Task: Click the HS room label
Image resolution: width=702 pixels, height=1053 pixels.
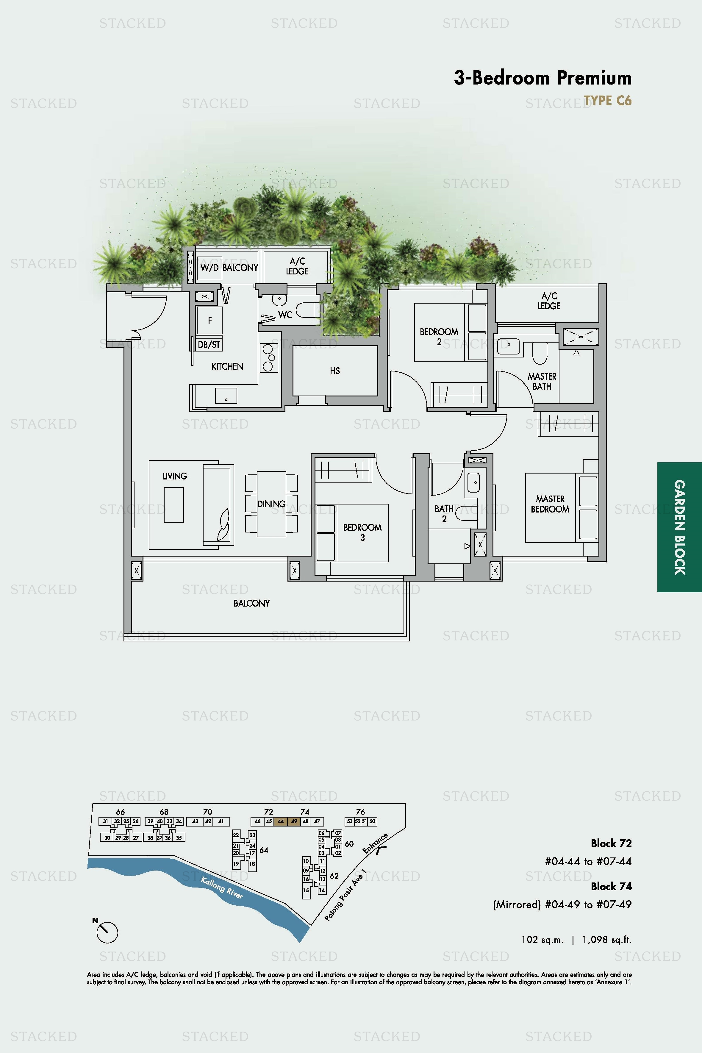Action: tap(335, 371)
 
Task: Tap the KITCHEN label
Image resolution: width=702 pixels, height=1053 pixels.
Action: tap(227, 366)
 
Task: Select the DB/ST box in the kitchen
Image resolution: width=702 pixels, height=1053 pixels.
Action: tap(209, 344)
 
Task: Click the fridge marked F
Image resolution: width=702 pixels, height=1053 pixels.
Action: tap(209, 320)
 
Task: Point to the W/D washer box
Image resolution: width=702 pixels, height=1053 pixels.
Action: tap(209, 268)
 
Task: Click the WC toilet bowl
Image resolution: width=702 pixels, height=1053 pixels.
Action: tap(308, 310)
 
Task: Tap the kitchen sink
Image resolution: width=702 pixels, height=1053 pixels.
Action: tap(226, 396)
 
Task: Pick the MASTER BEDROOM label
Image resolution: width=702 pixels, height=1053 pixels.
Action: tap(550, 504)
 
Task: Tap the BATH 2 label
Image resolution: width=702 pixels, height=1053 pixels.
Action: tap(444, 513)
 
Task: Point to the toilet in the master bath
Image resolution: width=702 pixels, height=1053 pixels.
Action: tap(540, 354)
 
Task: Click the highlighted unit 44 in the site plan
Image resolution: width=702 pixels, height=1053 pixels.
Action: tap(281, 821)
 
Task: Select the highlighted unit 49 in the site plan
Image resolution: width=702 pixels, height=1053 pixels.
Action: tap(294, 821)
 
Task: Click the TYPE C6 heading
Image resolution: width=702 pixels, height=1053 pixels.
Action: tap(608, 101)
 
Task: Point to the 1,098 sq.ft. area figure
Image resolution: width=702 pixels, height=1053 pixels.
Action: tap(607, 940)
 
